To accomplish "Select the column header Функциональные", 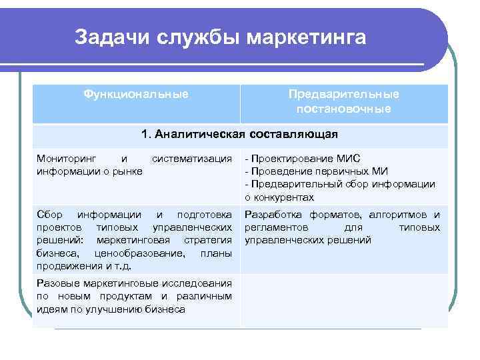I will [136, 95].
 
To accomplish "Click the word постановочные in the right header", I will [344, 108].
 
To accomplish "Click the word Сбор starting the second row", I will [49, 215].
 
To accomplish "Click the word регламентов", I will [276, 227].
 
